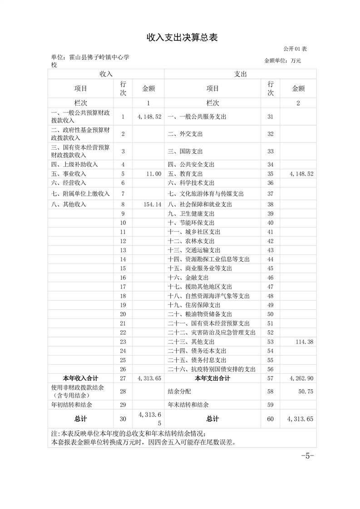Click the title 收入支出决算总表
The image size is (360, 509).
pos(182,38)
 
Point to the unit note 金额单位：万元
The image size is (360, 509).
pos(282,60)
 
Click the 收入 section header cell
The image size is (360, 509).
pos(106,74)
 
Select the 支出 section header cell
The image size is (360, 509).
pos(240,74)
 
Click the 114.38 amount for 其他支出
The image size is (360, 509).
pos(304,342)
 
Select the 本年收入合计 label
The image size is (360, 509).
pos(80,378)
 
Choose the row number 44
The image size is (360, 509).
pos(271,259)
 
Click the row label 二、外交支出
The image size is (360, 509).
pos(185,134)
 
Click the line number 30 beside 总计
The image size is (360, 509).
pos(123,419)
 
